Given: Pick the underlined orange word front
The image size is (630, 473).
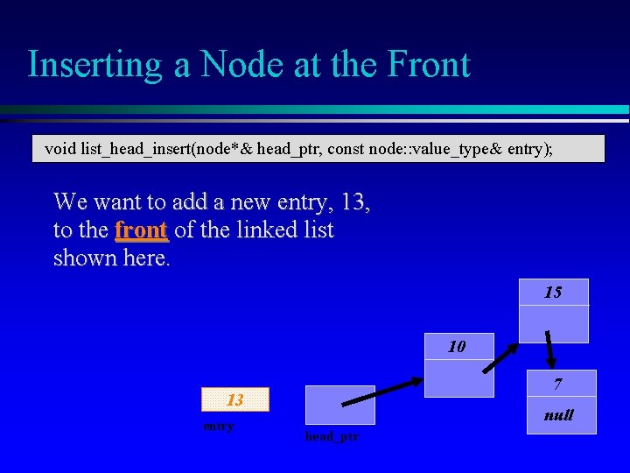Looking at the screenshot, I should (x=141, y=230).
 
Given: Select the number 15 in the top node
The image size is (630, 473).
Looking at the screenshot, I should (x=553, y=293).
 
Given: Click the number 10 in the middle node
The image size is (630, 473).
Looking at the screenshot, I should (x=457, y=347).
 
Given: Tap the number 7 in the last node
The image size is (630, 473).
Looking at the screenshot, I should (x=558, y=385).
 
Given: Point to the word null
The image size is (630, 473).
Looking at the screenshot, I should (x=558, y=415).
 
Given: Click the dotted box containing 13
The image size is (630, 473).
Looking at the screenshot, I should (x=235, y=400).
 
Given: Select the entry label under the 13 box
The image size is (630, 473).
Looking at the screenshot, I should (x=218, y=427).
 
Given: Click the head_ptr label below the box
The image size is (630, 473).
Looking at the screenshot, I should (x=332, y=436).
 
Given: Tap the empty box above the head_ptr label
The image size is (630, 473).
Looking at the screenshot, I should (x=339, y=405).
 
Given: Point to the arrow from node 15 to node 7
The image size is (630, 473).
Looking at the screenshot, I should (x=550, y=349).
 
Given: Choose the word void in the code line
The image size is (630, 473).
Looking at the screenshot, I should (x=60, y=149).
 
